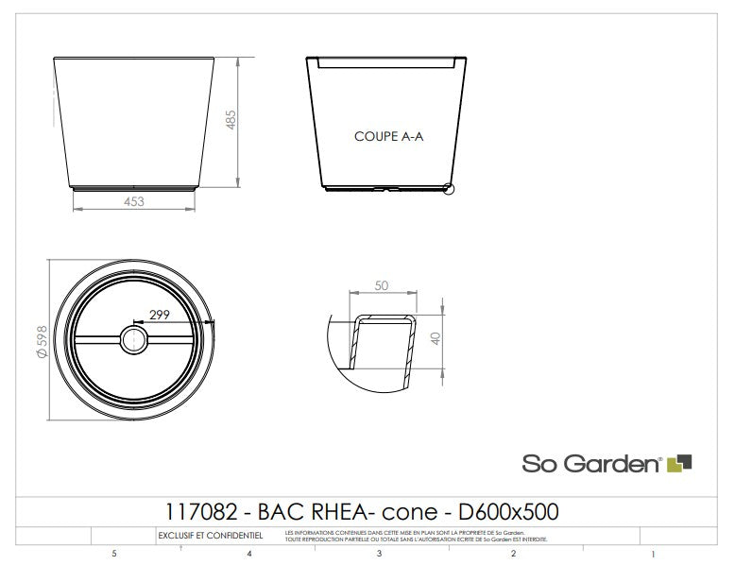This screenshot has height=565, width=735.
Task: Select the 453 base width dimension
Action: click(x=133, y=200)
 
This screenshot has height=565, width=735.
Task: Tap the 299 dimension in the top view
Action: click(x=159, y=316)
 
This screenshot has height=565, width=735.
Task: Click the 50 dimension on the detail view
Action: click(x=381, y=285)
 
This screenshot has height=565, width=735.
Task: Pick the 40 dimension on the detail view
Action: click(x=436, y=337)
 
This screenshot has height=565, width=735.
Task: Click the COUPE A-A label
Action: click(x=388, y=136)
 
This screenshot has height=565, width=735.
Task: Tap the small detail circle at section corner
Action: click(x=449, y=189)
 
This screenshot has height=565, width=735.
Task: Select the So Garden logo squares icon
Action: click(x=680, y=463)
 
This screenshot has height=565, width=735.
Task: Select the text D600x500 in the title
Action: click(x=508, y=513)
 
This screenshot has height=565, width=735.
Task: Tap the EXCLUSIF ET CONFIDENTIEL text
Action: click(x=211, y=536)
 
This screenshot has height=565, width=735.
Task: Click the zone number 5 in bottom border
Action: click(x=114, y=554)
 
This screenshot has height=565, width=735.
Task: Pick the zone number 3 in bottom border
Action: click(x=379, y=554)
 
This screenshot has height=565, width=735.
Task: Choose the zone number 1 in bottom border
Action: click(x=654, y=554)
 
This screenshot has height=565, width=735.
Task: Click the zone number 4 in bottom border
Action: click(x=248, y=554)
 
